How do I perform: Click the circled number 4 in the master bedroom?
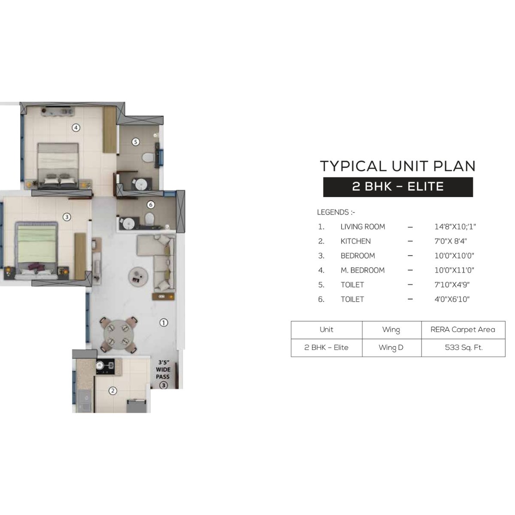point(76,127)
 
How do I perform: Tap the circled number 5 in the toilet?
point(135,141)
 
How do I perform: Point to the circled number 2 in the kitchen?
point(112,391)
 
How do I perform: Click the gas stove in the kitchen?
point(105,366)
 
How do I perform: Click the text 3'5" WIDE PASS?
point(163,370)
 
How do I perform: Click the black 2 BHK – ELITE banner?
point(398,187)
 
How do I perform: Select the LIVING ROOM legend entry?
point(363,227)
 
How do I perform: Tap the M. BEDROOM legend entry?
point(363,270)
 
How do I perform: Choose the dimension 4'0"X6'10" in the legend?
point(452,299)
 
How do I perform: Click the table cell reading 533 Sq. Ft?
point(463,348)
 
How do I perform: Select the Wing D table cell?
point(391,348)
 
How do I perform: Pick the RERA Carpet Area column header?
point(463,330)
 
